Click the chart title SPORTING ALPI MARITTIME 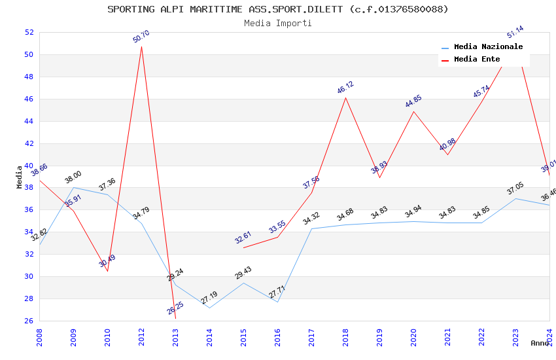[x=278, y=9]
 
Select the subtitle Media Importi [x=278, y=23]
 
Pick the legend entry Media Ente [x=477, y=60]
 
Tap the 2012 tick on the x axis [x=142, y=337]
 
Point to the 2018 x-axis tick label [x=345, y=337]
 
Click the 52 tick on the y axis [x=29, y=32]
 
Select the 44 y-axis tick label [x=29, y=121]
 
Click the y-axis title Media [x=20, y=177]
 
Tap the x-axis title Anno [x=540, y=343]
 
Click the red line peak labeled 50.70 [x=141, y=46]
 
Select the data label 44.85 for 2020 [x=413, y=101]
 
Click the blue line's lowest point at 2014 [x=209, y=308]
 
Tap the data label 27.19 [x=209, y=298]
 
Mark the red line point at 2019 [x=379, y=178]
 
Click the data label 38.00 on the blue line [x=73, y=177]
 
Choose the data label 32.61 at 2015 [x=243, y=238]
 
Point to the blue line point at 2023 [x=515, y=198]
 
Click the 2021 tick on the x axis [x=447, y=337]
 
